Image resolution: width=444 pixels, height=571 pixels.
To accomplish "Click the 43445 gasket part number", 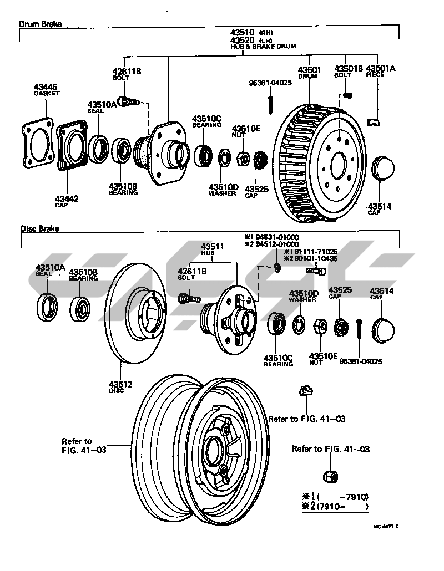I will pos(46,87).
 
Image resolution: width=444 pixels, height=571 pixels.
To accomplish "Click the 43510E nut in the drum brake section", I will pos(243,157).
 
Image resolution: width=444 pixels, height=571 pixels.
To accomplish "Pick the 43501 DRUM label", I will pos(309,70).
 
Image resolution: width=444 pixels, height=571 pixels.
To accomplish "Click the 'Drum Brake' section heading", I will pos(40,24).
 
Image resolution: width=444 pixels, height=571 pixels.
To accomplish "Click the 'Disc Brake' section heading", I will pos(40,228).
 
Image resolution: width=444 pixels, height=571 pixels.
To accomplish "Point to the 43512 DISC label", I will pos(121,384).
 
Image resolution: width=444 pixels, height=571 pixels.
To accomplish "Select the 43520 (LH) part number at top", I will pos(243,40).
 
